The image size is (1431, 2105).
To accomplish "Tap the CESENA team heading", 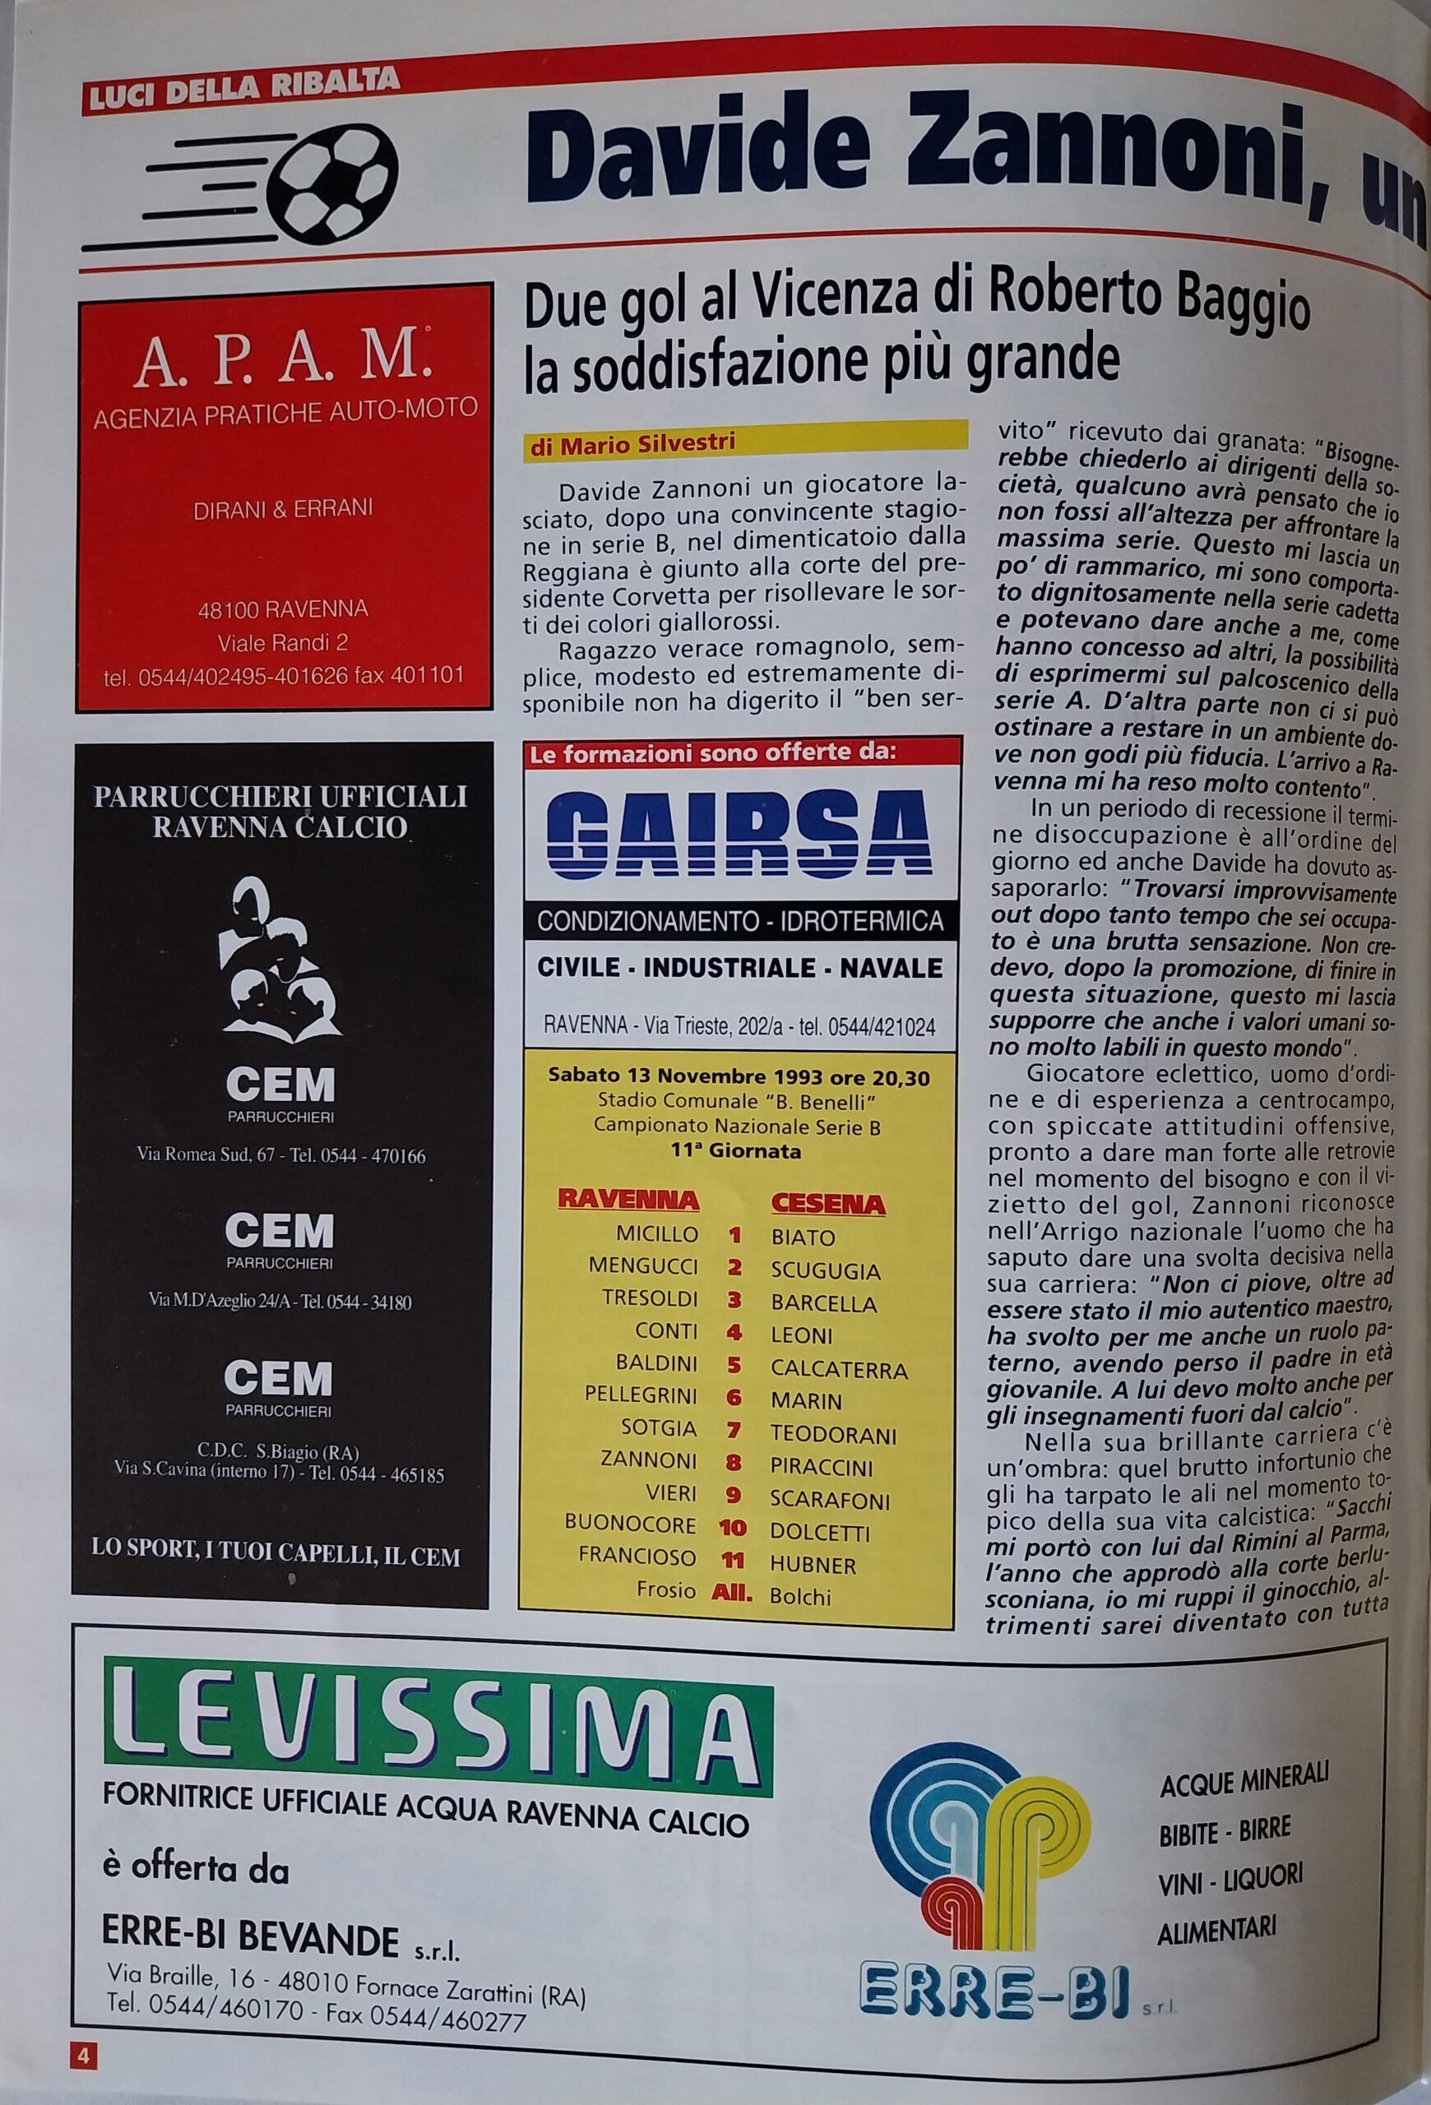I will [x=828, y=1202].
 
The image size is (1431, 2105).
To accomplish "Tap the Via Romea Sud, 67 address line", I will [x=280, y=1156].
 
